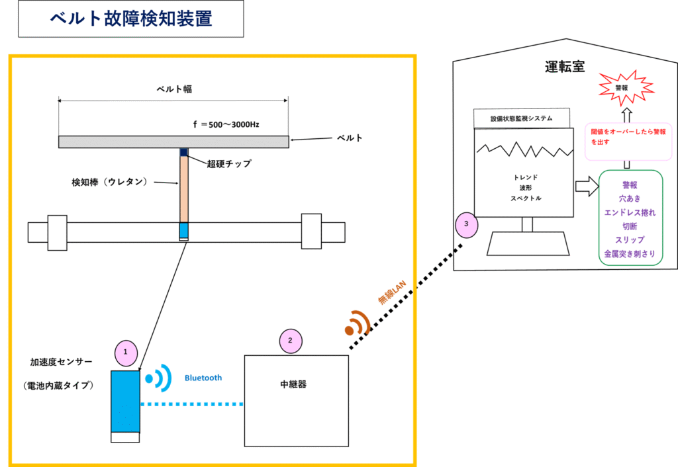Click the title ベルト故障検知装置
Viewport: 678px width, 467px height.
[x=131, y=19]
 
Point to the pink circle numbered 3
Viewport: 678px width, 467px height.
[x=467, y=225]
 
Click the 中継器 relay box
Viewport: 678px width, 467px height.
[x=297, y=401]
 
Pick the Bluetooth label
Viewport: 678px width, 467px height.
[x=203, y=378]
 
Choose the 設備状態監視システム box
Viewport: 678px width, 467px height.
[x=522, y=118]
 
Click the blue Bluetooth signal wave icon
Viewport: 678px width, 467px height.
[x=158, y=378]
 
